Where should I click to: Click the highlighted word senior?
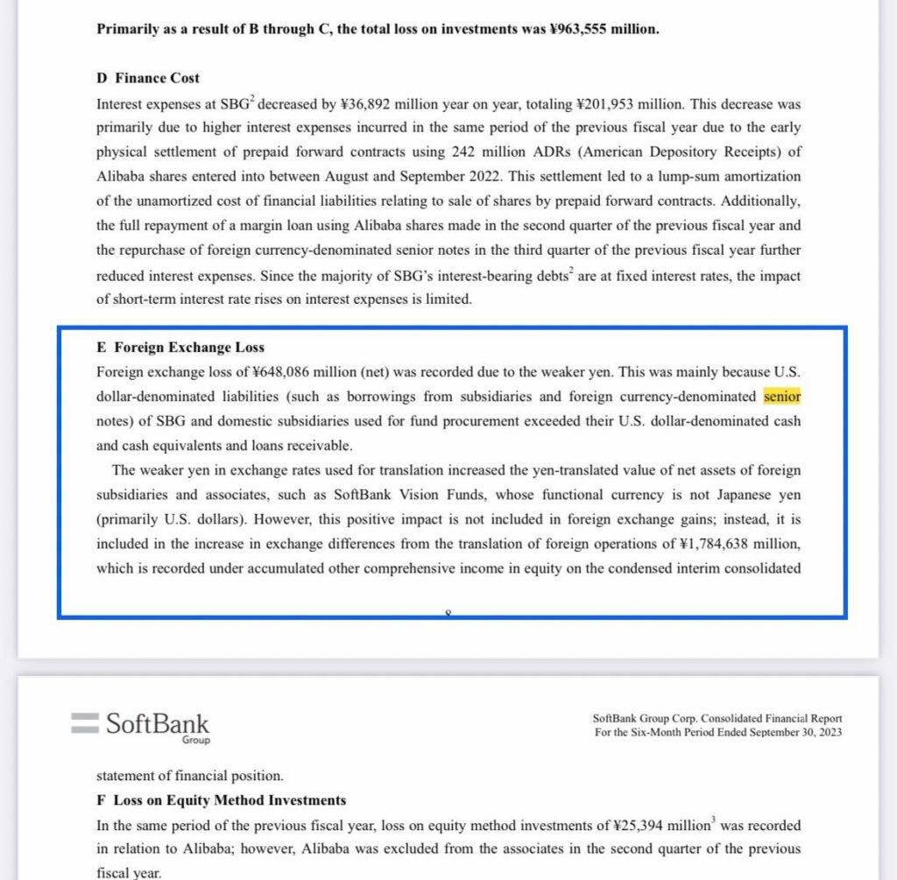click(782, 397)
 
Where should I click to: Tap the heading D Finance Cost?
click(148, 78)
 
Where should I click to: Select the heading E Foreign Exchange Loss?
click(181, 347)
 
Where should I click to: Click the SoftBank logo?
click(140, 726)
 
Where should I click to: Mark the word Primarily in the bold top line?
click(127, 29)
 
